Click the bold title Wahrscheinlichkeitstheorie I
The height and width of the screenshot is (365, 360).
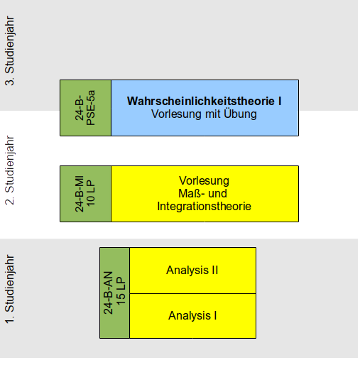(x=204, y=101)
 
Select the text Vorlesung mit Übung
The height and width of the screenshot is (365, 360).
(x=204, y=114)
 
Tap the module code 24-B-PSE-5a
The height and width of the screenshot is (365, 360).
(x=84, y=108)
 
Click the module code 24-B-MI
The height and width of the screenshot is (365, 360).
(x=80, y=194)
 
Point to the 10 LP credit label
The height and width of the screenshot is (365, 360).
(x=91, y=194)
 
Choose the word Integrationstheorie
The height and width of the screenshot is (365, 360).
(x=204, y=206)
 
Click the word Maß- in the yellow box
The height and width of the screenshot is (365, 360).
(x=191, y=193)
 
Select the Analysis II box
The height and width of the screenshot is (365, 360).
(x=192, y=271)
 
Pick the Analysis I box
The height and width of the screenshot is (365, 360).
(x=192, y=316)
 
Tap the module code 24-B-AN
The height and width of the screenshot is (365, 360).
(x=108, y=293)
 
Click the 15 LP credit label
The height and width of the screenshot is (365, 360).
(x=121, y=291)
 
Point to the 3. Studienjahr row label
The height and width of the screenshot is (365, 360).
(x=10, y=50)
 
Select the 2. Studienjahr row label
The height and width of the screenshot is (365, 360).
(x=10, y=170)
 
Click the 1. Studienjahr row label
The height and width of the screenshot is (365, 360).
(x=10, y=289)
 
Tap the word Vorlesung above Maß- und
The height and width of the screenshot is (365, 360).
(x=204, y=181)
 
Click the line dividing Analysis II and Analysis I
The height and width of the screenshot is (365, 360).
(x=192, y=293)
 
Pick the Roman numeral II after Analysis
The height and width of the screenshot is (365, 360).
(x=215, y=270)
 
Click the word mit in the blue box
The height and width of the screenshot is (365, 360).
(x=213, y=114)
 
